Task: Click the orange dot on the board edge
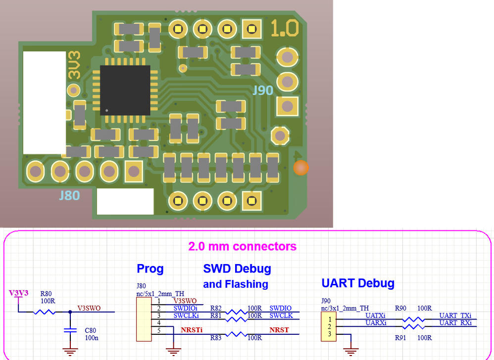pos(300,168)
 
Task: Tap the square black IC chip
pos(125,90)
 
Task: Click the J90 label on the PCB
pos(263,90)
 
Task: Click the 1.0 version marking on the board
pos(285,28)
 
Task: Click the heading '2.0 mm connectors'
pos(242,246)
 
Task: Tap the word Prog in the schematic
pos(150,269)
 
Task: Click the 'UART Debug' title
pos(357,283)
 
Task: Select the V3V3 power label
pos(19,293)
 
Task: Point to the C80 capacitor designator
pos(90,330)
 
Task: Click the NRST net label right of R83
pos(279,330)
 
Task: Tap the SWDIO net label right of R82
pos(280,308)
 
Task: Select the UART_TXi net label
pos(455,315)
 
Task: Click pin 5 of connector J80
pos(159,330)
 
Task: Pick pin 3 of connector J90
pos(329,335)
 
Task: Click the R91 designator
pos(401,338)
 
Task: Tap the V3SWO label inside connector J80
pos(185,301)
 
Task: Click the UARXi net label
pos(375,322)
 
